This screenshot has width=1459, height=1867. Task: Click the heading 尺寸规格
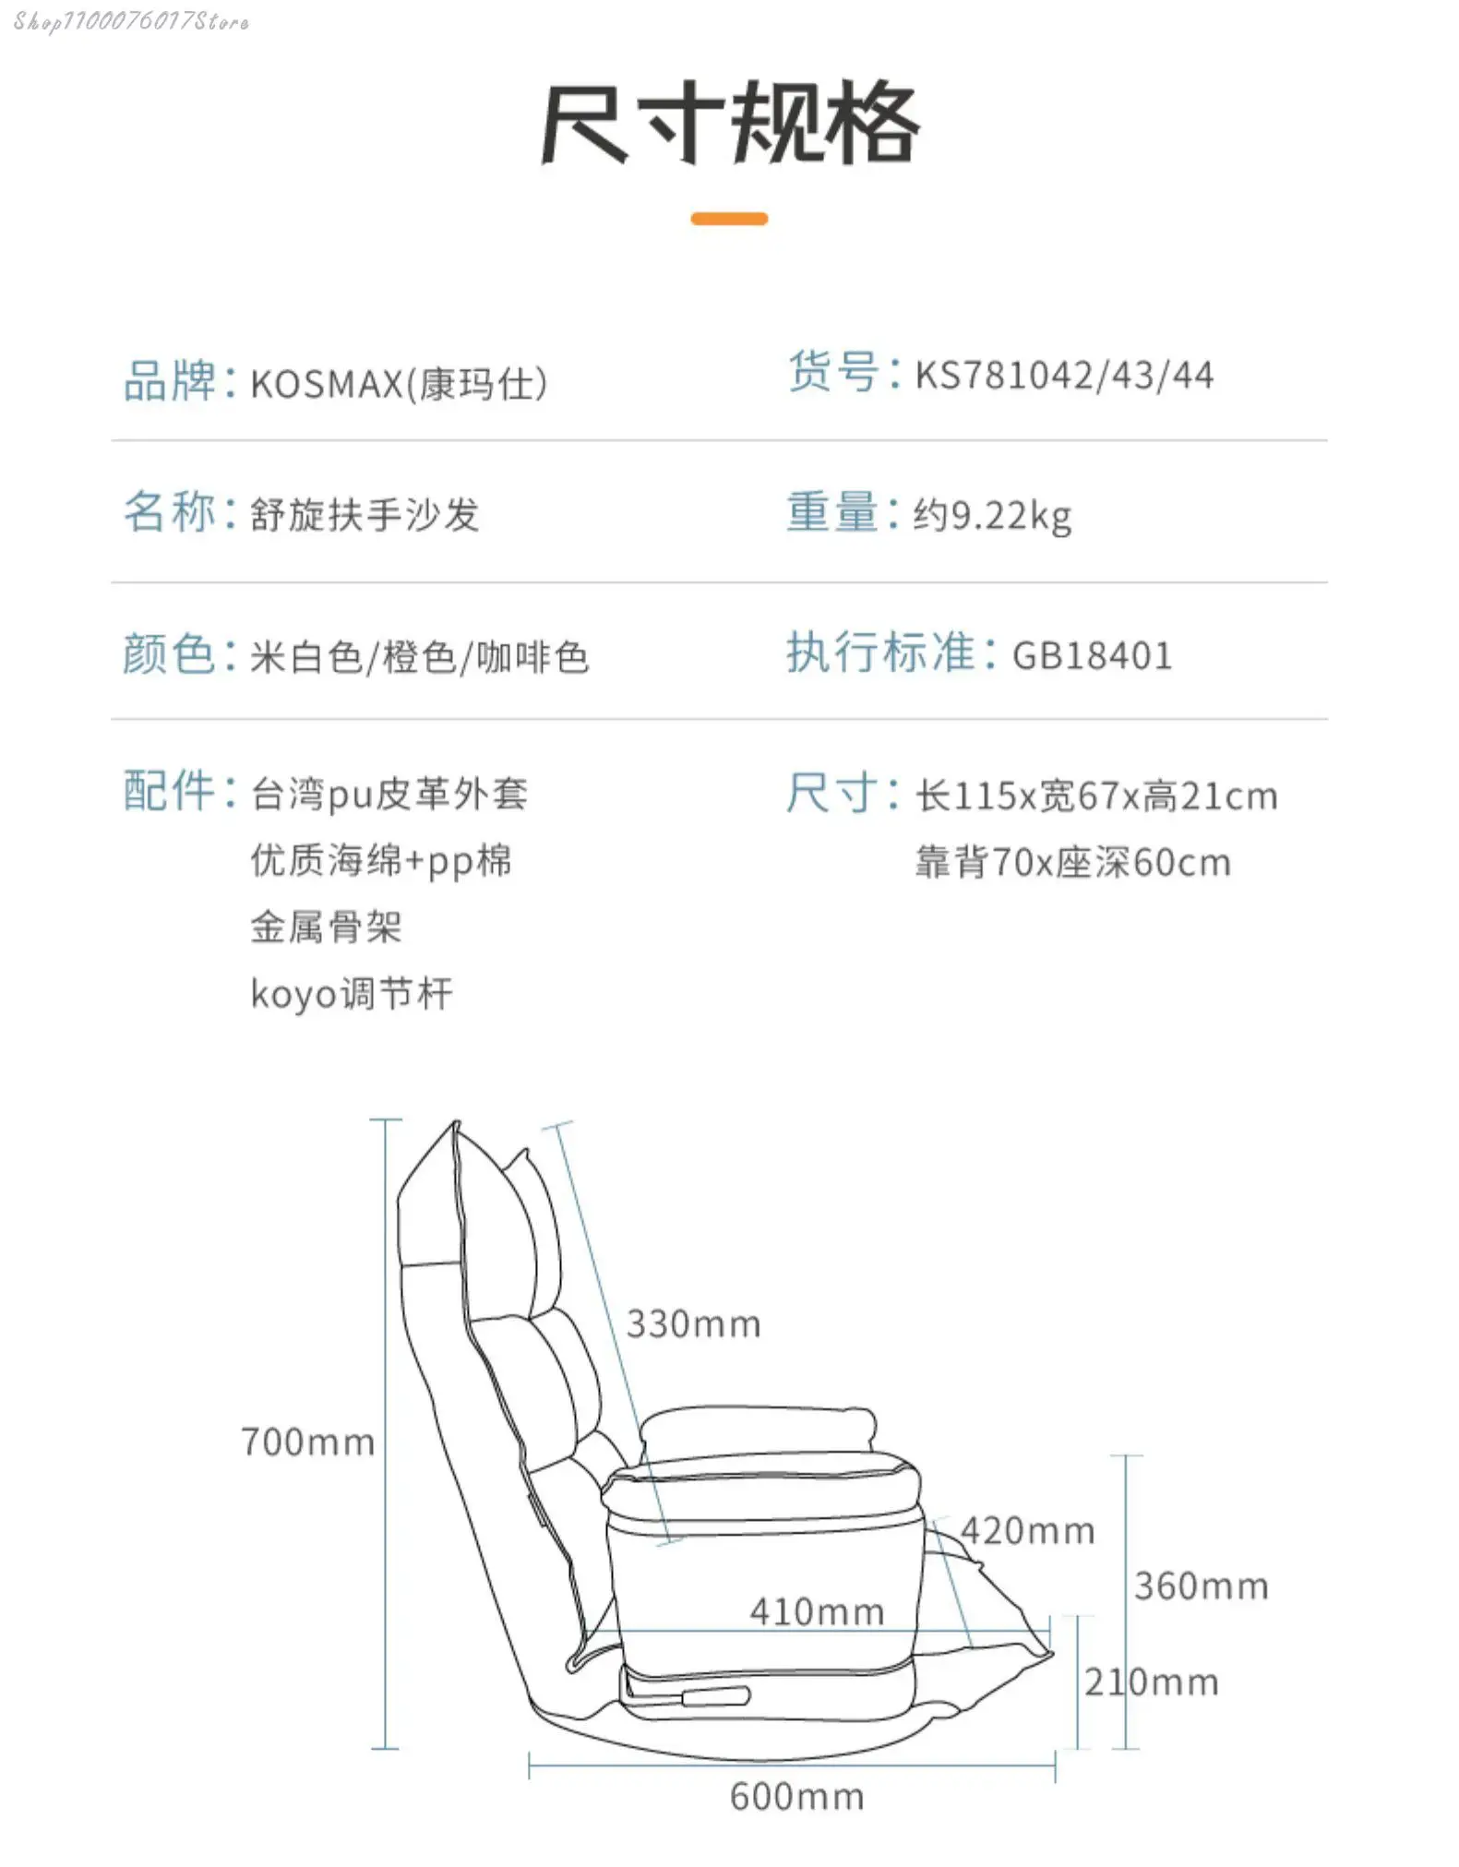coord(729,123)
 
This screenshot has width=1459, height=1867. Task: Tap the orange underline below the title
coord(729,219)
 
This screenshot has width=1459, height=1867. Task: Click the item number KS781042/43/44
coord(1064,376)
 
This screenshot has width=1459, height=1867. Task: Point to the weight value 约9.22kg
coord(992,516)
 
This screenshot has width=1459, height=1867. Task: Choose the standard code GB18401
coord(1092,656)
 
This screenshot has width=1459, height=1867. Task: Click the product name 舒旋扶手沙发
coord(365,515)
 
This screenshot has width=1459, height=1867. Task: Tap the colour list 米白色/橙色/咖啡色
coord(419,657)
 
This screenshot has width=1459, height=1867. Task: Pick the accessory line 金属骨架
coord(326,928)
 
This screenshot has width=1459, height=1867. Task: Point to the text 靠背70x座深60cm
coord(1073,863)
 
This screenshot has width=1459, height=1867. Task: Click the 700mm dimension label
coord(307,1442)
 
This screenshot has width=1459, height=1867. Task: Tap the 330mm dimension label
coord(694,1324)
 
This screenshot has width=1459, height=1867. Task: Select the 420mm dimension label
coord(1028,1531)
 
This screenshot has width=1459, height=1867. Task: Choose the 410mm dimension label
coord(817,1612)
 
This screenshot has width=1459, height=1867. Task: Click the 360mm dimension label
coord(1202,1586)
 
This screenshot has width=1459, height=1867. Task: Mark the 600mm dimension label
coord(797,1797)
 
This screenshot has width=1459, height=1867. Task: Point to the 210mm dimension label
coord(1151,1682)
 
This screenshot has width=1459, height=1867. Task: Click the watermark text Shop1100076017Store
coord(131,21)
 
